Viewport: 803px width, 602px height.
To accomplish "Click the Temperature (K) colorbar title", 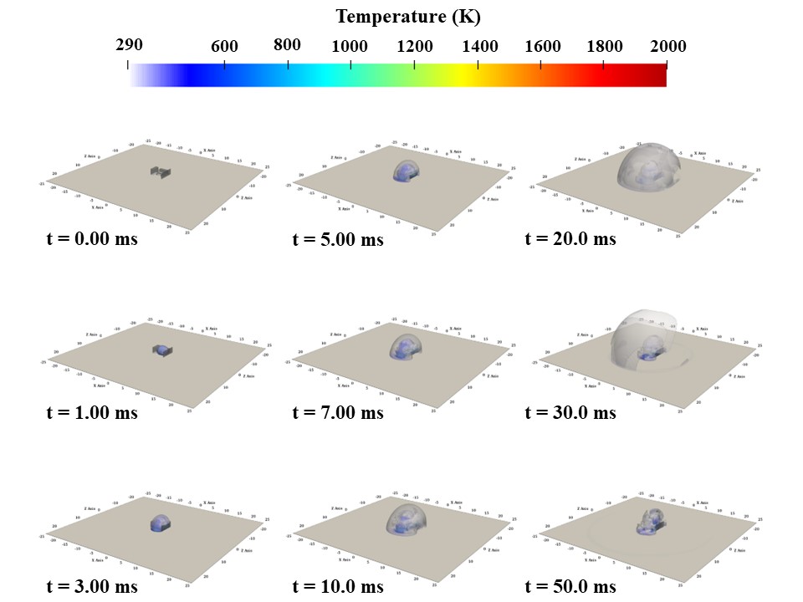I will [408, 17].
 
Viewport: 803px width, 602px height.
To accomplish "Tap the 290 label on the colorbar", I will [130, 45].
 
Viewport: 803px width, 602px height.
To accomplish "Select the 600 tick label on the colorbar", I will [224, 47].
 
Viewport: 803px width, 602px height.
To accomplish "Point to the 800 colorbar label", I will [287, 45].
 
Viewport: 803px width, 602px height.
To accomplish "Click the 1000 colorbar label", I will [350, 47].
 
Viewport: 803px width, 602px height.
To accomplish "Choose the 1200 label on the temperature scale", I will [414, 47].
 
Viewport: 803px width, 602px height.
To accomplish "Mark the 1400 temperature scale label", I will [478, 47].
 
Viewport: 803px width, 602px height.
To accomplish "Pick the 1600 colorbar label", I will [541, 47].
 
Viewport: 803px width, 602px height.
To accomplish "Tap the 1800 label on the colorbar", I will [604, 47].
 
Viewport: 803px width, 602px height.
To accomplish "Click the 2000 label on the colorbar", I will [667, 47].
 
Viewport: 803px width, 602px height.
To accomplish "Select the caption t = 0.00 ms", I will [92, 239].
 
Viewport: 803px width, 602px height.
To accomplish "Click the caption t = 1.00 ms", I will [92, 413].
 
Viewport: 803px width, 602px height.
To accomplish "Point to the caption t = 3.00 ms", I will [92, 586].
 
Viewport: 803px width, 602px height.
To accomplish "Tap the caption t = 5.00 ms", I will [338, 239].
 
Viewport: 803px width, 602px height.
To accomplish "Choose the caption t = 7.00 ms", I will [338, 413].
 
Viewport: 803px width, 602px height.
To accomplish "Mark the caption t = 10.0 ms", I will [338, 586].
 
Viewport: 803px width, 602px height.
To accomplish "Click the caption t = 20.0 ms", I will [570, 239].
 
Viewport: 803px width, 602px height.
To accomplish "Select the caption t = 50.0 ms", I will [570, 586].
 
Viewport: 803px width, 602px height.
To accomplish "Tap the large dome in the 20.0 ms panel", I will [648, 166].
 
